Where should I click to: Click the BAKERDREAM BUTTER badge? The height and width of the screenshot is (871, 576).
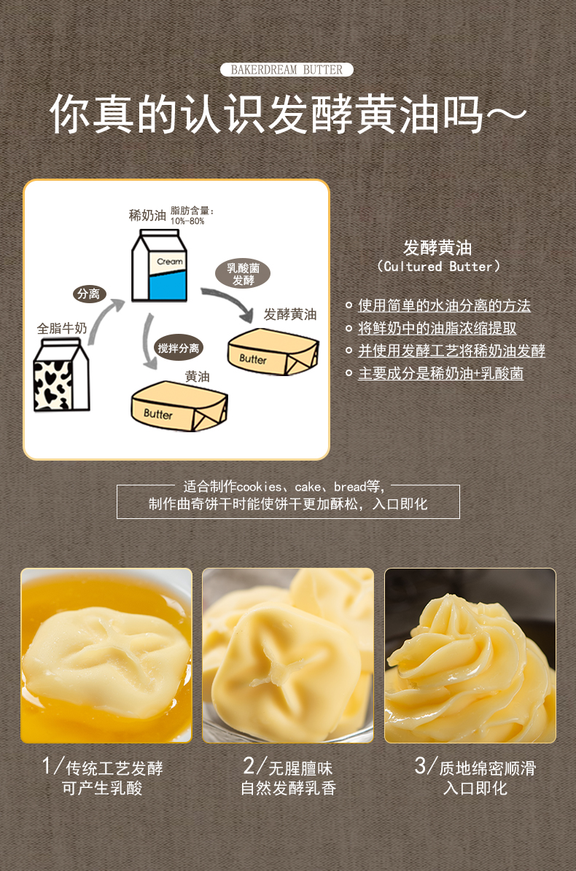click(287, 69)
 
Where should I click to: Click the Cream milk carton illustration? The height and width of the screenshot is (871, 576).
click(159, 266)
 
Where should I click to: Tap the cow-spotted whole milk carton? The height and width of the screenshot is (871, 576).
click(61, 375)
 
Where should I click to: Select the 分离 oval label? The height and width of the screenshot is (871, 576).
click(89, 294)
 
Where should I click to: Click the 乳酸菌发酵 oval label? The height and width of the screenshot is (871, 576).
click(243, 274)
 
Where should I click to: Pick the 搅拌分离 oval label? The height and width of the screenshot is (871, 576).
click(179, 348)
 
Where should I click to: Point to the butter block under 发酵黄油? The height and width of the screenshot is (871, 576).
click(273, 351)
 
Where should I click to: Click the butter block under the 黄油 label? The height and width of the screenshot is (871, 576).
click(179, 406)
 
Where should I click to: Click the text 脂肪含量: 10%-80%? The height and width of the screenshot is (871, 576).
click(192, 216)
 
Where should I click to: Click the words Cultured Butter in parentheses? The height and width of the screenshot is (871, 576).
click(438, 267)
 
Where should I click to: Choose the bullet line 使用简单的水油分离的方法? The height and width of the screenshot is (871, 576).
click(444, 305)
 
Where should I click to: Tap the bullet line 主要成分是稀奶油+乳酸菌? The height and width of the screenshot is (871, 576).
click(440, 373)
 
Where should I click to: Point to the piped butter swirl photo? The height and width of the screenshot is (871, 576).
click(470, 655)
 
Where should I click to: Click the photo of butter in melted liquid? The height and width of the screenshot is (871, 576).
click(106, 655)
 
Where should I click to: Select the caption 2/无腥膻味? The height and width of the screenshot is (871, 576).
click(288, 767)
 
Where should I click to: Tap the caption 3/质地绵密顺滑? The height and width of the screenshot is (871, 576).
click(475, 767)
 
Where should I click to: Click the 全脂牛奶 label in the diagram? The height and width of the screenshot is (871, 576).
click(62, 328)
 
